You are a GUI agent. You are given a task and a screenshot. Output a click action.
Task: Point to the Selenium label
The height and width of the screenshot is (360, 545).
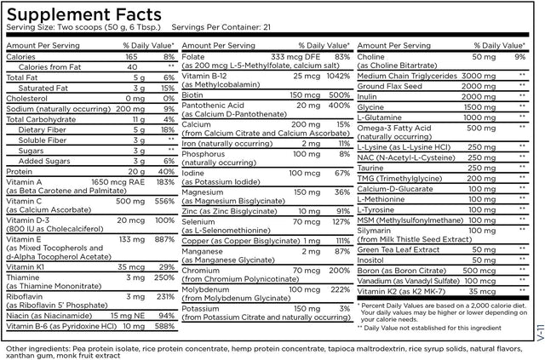pos(201,221)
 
